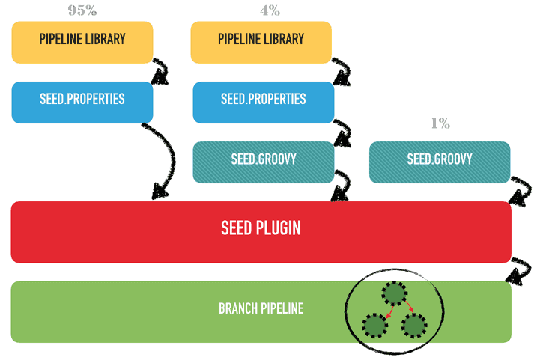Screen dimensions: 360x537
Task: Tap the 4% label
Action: (270, 10)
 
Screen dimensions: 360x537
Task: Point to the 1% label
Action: (440, 123)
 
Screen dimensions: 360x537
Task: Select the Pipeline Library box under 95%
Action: (82, 42)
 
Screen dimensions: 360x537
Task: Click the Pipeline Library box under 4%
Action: (261, 42)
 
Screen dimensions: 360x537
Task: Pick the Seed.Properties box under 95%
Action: (82, 102)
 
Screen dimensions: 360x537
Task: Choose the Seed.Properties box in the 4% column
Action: (263, 102)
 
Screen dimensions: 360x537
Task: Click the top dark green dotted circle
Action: (394, 293)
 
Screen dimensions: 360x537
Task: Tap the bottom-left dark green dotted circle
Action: (374, 326)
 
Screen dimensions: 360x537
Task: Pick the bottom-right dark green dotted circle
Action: (414, 326)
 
